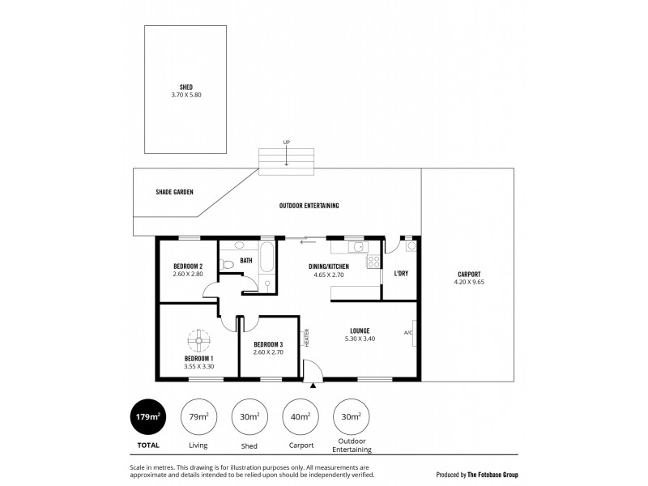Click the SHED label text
point(186,87)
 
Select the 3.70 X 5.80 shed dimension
point(186,95)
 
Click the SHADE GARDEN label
point(173,193)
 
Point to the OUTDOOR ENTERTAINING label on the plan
point(309,206)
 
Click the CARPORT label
point(469,275)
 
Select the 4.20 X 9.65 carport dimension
point(469,282)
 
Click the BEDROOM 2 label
point(187,266)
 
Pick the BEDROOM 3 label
point(268,344)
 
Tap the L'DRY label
point(400,274)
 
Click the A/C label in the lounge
point(407,332)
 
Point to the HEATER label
point(307,337)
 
